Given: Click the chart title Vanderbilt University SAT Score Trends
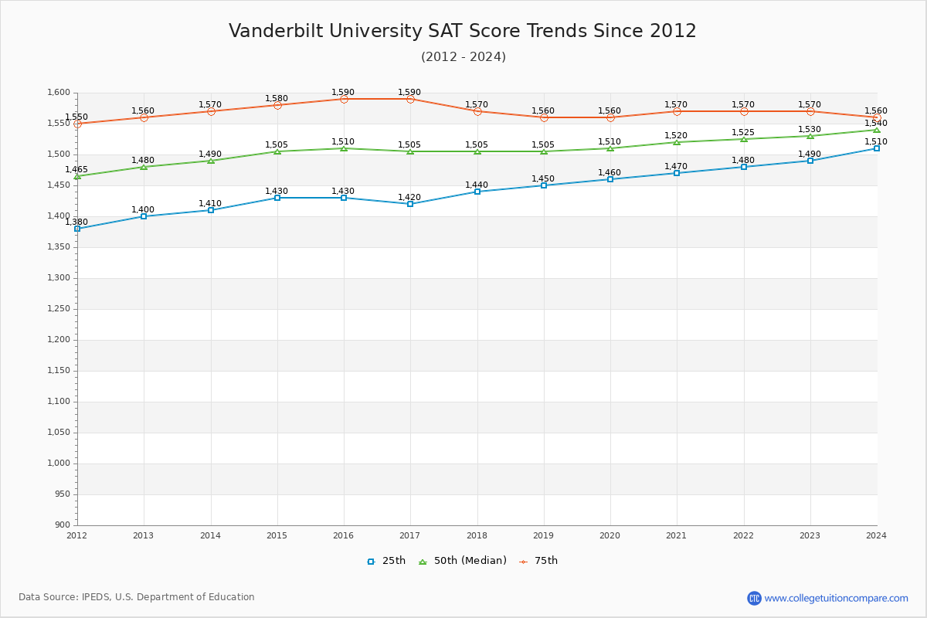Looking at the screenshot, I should (462, 31).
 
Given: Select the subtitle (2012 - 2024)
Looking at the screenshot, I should (463, 57).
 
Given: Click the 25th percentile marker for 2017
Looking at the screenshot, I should (410, 204).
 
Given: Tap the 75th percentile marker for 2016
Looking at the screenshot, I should (344, 99).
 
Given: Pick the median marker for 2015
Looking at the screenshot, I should (277, 151).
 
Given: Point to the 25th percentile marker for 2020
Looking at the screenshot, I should (610, 179).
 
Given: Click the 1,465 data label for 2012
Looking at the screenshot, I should (76, 170).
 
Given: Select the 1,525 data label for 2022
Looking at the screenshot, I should (743, 133).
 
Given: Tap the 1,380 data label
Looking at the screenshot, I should (76, 222).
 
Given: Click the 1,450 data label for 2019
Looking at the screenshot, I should (543, 179).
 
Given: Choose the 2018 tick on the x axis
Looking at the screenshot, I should (477, 535).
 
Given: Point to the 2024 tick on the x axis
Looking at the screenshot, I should (877, 535).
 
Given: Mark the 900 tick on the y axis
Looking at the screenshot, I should (63, 525).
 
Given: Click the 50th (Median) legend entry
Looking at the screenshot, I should (463, 561).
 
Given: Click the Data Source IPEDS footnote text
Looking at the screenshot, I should (137, 597).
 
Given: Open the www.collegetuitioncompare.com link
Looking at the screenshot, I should (836, 598).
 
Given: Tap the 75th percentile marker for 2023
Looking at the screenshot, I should (810, 111).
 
